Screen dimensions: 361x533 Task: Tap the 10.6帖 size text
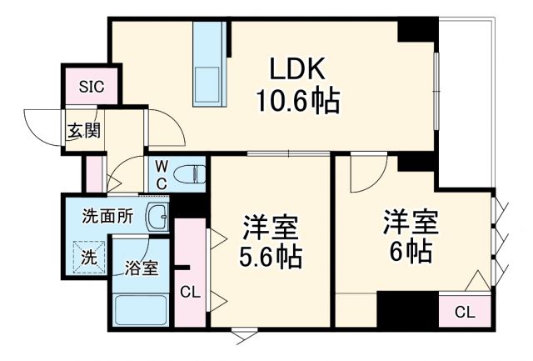pyautogui.click(x=296, y=102)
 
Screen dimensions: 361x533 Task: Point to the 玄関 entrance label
pyautogui.click(x=83, y=130)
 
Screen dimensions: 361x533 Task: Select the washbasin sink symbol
pyautogui.click(x=157, y=217)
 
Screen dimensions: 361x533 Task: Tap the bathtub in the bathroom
pyautogui.click(x=141, y=309)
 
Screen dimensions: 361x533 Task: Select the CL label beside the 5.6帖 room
pyautogui.click(x=190, y=292)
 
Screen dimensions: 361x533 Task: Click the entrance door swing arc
pyautogui.click(x=37, y=125)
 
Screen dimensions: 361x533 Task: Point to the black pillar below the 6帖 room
pyautogui.click(x=407, y=309)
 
